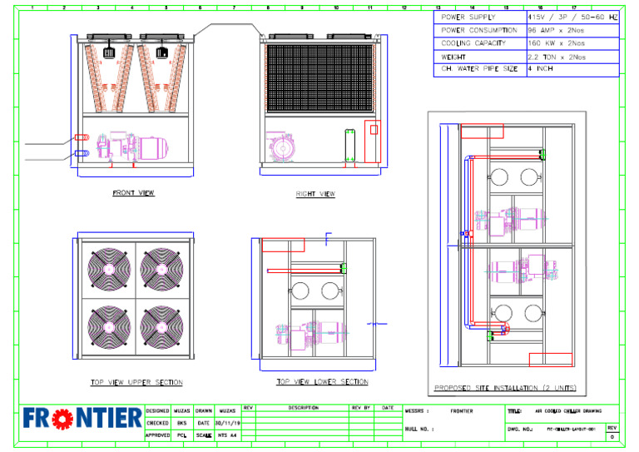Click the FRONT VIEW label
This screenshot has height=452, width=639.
point(133,193)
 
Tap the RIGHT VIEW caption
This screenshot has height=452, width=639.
point(315,194)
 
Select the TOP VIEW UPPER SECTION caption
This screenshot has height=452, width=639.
point(136,383)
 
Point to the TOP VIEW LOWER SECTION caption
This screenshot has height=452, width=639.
point(322,382)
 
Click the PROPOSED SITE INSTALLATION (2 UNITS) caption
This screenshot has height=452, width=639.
point(504,388)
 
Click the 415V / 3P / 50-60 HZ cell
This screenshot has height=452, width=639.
point(572,17)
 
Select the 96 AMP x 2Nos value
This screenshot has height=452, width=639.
point(557,30)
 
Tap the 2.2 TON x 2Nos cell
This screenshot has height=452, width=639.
point(557,57)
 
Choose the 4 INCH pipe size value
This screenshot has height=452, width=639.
point(541,69)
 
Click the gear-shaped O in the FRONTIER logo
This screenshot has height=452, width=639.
point(58,419)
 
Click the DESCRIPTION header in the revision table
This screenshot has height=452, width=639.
point(303,408)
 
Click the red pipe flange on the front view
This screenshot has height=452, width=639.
point(80,137)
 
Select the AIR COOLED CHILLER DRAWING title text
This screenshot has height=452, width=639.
point(568,411)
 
